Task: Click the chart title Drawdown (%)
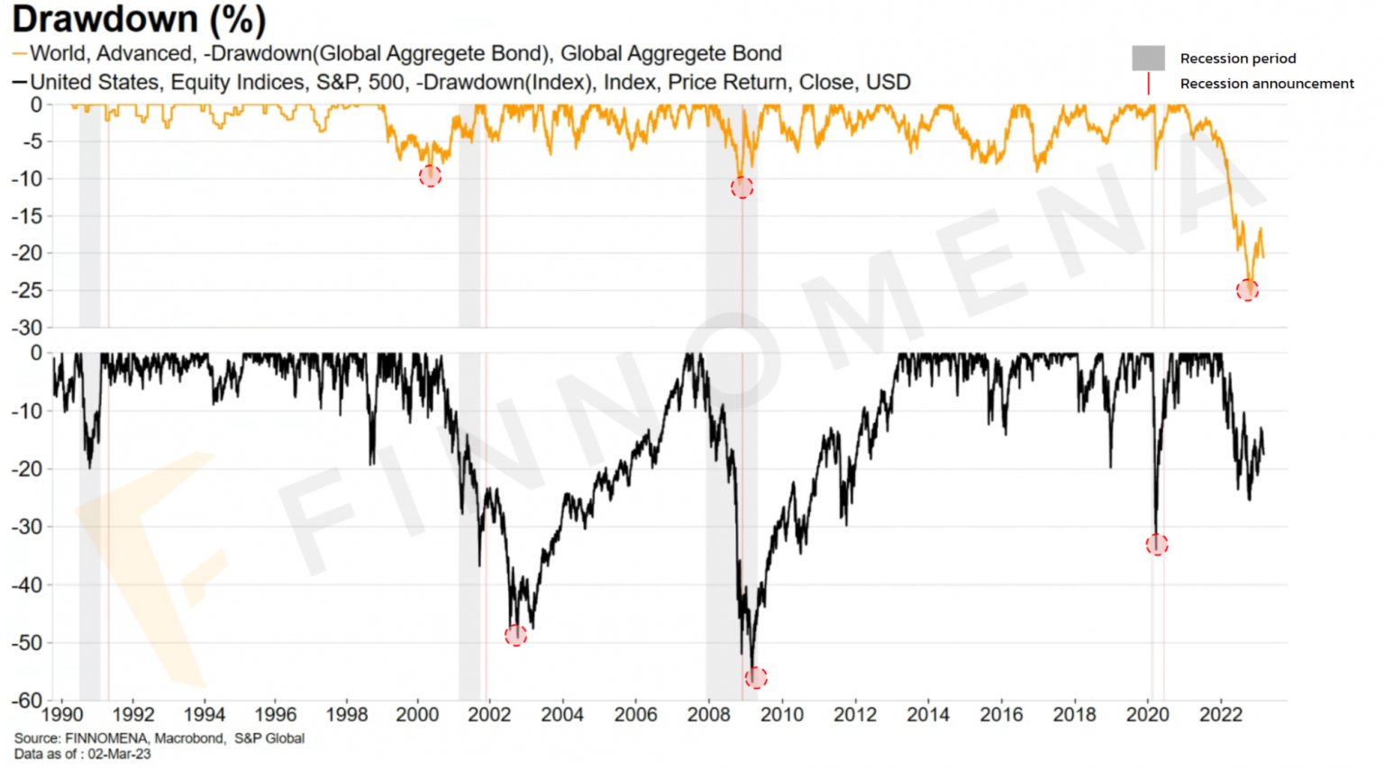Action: click(139, 20)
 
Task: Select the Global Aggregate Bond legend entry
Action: click(405, 54)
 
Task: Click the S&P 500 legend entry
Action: click(469, 83)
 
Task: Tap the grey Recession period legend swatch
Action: click(1148, 59)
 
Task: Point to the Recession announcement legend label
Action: click(1266, 84)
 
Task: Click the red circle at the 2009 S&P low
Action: click(756, 677)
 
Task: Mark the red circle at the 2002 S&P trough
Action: click(515, 636)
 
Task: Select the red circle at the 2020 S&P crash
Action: click(1157, 545)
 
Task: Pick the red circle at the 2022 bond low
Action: click(1247, 290)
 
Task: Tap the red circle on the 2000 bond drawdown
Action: click(431, 176)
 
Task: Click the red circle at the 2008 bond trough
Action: click(742, 187)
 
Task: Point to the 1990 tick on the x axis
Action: click(62, 715)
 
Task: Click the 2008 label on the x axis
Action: click(708, 715)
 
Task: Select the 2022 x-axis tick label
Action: click(1221, 715)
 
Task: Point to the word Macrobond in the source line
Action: click(189, 739)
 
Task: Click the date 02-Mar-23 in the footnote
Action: click(119, 755)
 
